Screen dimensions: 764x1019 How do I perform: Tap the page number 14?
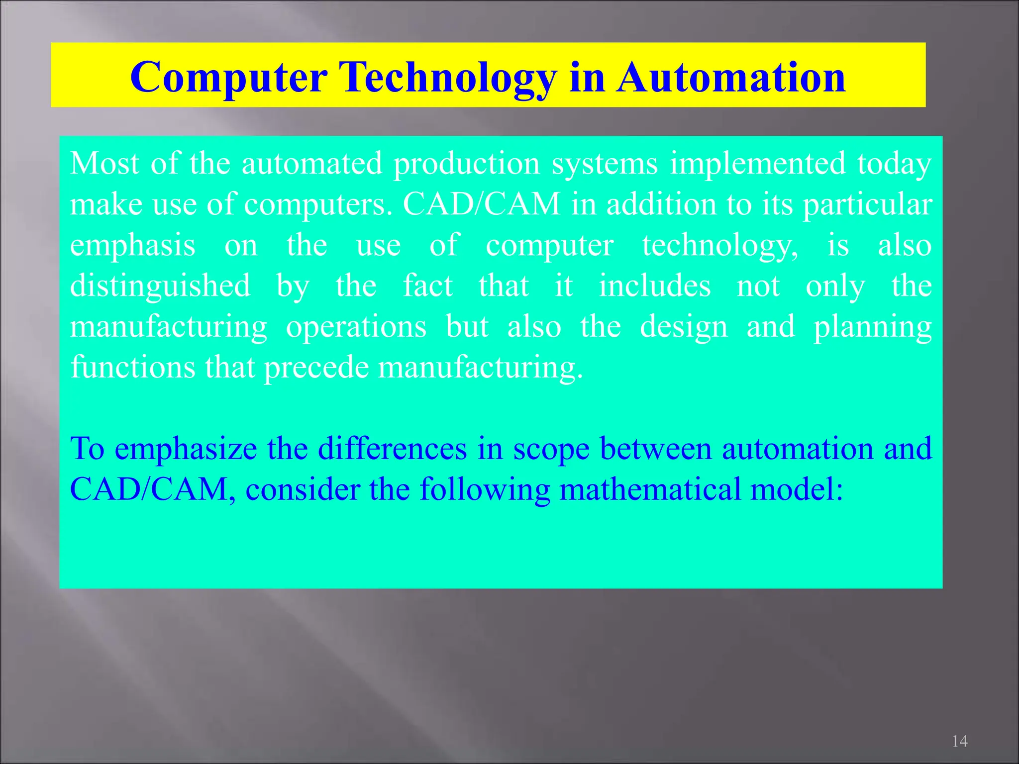[959, 741]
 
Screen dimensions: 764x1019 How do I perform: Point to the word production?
[467, 164]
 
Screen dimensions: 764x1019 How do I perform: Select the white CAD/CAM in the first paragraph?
[482, 204]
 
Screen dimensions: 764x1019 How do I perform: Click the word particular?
[867, 205]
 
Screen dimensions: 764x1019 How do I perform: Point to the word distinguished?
[160, 286]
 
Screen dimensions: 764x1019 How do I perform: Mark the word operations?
[356, 327]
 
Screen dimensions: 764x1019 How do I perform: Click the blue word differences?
[392, 448]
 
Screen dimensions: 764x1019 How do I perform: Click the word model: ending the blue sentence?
[797, 489]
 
